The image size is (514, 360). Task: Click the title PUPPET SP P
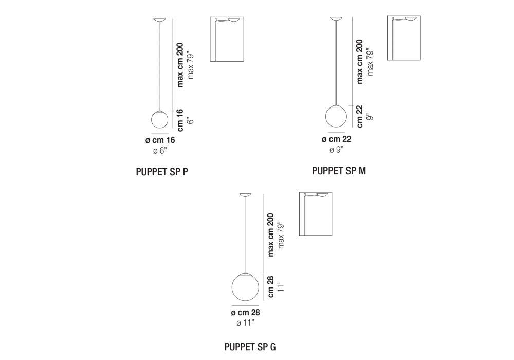coord(161,172)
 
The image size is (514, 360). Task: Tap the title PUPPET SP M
coord(339,171)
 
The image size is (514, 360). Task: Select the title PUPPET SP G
coord(250,346)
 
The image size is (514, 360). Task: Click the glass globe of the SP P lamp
coord(160,120)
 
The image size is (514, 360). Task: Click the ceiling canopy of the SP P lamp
coord(160,20)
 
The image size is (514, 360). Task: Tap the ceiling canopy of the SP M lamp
coord(337,20)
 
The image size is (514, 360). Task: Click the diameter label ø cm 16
coord(160,140)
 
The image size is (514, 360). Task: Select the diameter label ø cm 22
coord(337,139)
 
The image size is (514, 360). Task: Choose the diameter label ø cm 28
coord(245,313)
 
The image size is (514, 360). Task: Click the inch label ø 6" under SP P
coord(160,150)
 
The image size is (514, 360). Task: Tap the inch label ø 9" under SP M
coord(336,150)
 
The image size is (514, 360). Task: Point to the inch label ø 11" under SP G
coord(245,322)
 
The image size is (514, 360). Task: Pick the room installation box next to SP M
coord(404,38)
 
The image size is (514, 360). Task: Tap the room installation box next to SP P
coord(227,40)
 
